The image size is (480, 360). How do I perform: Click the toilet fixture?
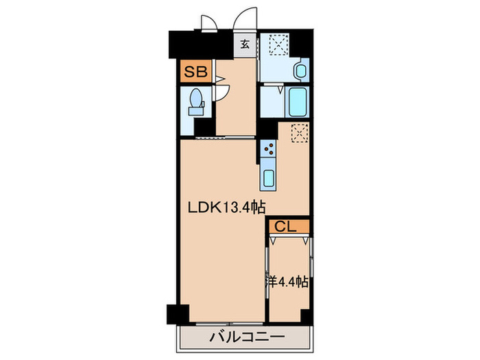click(196, 103)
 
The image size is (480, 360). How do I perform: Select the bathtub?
click(298, 103)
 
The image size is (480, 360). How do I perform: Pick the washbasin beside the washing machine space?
click(300, 69)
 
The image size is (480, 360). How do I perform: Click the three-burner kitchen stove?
click(269, 149)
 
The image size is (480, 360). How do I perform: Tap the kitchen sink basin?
click(268, 178)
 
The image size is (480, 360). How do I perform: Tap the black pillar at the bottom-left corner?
click(177, 314)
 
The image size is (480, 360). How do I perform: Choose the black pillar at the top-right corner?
click(312, 43)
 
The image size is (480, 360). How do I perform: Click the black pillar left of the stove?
click(265, 130)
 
